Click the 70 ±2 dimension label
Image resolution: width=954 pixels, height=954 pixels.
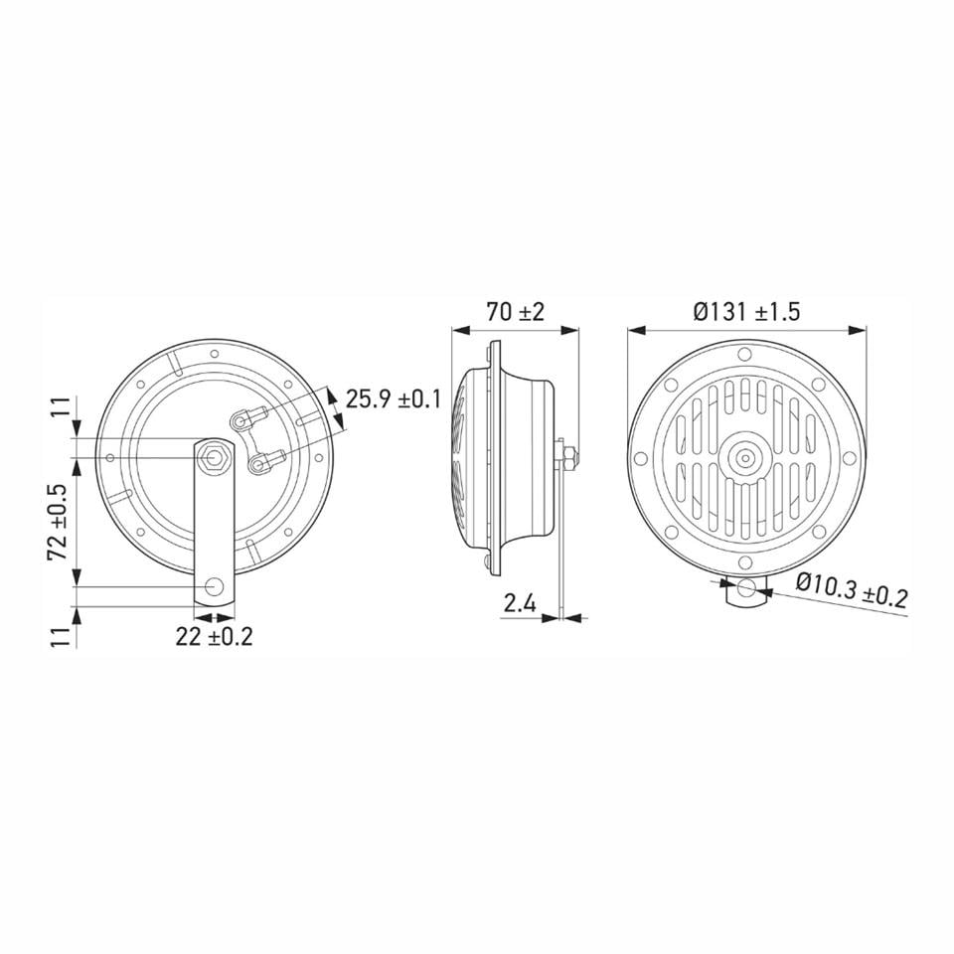click(515, 311)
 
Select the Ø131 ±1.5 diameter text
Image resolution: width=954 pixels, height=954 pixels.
click(746, 311)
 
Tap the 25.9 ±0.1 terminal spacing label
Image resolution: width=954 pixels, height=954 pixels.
click(393, 399)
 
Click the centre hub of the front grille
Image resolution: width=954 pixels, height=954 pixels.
click(743, 457)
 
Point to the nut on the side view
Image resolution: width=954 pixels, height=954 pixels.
click(568, 456)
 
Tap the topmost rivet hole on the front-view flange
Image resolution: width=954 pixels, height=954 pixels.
click(744, 355)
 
